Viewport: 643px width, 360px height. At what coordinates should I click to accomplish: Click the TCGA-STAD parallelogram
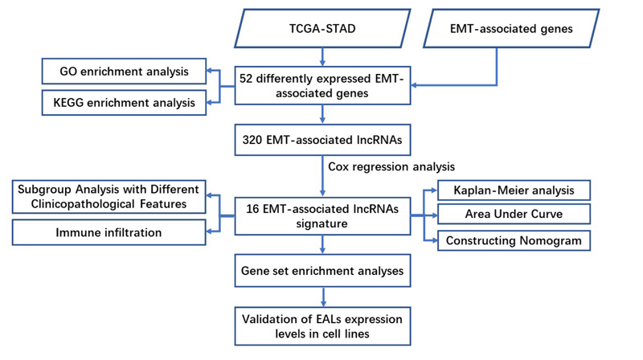[x=322, y=28]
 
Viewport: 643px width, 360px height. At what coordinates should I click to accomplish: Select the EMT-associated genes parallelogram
[x=511, y=28]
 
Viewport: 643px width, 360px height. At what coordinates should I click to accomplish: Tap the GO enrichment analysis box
[x=124, y=72]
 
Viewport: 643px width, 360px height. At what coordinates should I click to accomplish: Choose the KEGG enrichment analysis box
[x=124, y=103]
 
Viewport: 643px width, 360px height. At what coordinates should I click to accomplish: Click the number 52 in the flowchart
[x=246, y=78]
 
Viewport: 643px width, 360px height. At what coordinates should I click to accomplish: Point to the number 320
[x=252, y=140]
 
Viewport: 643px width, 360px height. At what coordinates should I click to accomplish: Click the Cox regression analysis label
[x=391, y=166]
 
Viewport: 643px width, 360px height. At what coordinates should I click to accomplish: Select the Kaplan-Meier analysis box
[x=514, y=190]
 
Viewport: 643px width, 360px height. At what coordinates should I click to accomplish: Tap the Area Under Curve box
[x=514, y=214]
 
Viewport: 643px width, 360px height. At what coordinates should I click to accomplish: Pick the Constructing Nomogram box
[x=514, y=241]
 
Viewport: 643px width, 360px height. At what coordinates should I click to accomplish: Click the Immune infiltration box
[x=109, y=232]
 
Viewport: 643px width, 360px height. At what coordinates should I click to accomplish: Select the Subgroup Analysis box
[x=109, y=197]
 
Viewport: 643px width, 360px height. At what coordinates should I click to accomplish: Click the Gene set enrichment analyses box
[x=322, y=271]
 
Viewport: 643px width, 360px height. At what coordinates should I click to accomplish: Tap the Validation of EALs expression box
[x=322, y=326]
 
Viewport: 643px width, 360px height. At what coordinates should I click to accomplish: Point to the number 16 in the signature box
[x=252, y=209]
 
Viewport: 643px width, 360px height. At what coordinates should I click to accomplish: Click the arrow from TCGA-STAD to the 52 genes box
[x=322, y=57]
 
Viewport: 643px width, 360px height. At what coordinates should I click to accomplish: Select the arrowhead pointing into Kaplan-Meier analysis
[x=434, y=190]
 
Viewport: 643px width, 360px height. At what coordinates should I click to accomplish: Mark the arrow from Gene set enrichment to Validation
[x=323, y=297]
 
